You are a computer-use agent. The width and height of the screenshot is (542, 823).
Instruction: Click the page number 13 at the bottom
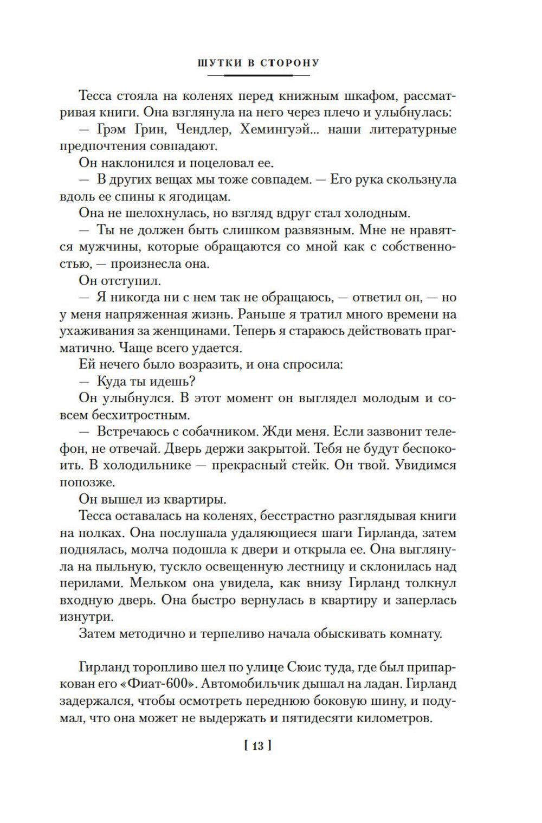coord(257,747)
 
